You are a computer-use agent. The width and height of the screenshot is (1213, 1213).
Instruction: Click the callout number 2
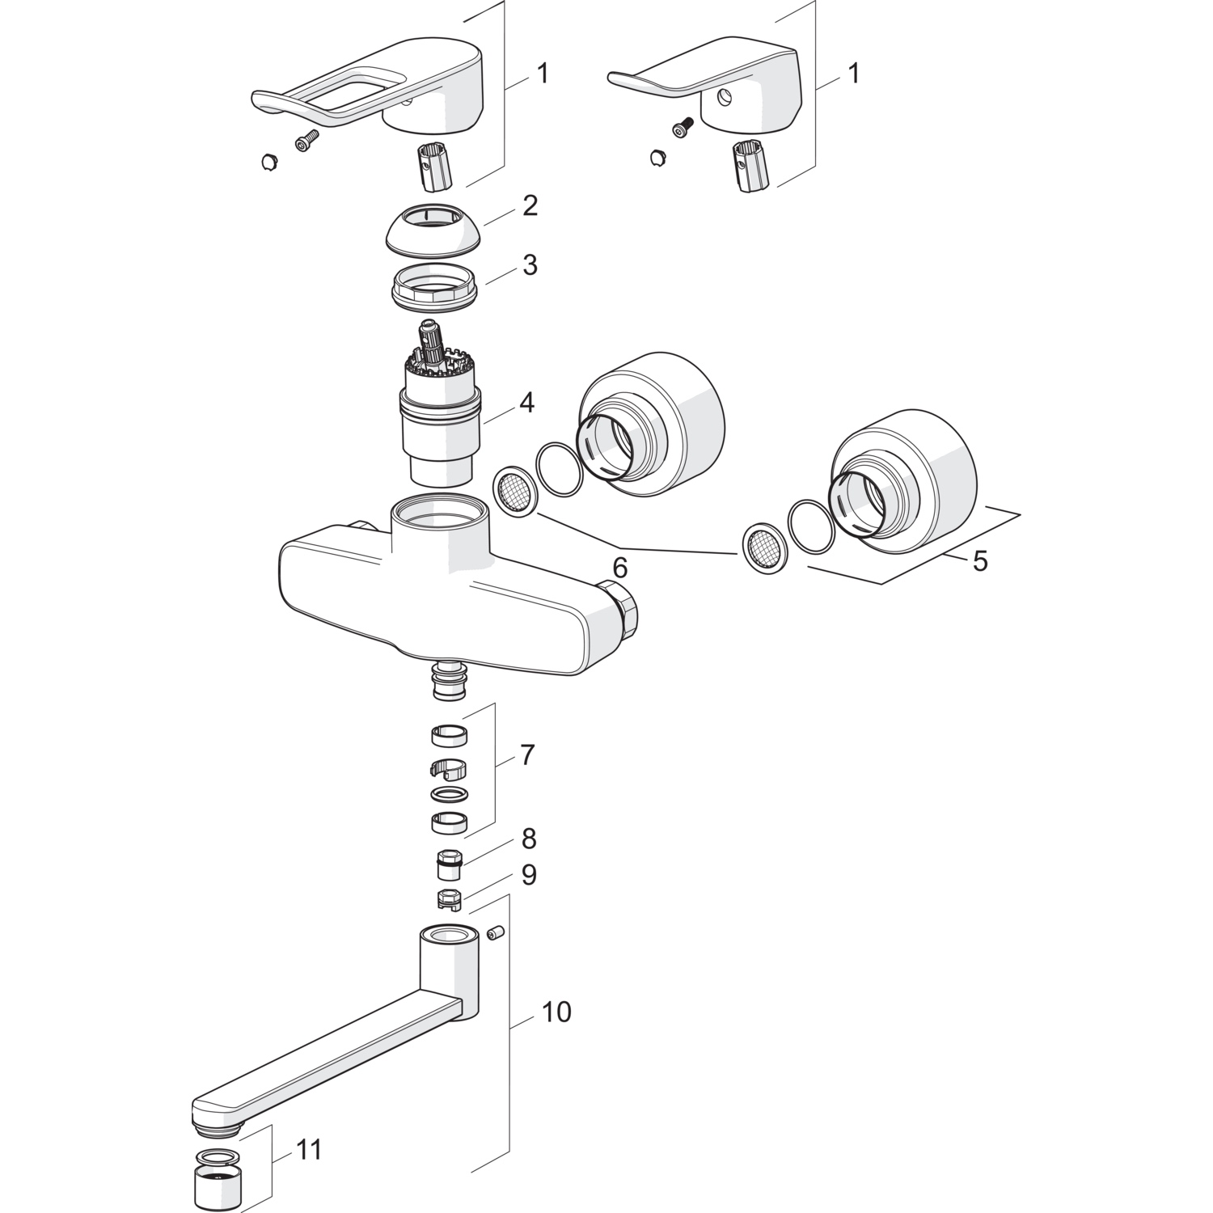pyautogui.click(x=530, y=205)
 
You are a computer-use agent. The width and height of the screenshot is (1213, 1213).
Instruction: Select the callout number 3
pyautogui.click(x=530, y=264)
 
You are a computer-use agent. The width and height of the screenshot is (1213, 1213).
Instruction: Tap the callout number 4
pyautogui.click(x=526, y=402)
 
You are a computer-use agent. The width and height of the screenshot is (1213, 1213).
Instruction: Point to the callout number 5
pyautogui.click(x=980, y=560)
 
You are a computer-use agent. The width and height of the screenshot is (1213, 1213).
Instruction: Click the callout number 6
pyautogui.click(x=619, y=568)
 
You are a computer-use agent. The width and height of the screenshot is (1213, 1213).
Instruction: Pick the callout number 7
pyautogui.click(x=527, y=755)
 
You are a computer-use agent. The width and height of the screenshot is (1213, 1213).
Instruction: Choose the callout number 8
pyautogui.click(x=529, y=839)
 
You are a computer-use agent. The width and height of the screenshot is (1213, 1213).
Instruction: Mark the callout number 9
pyautogui.click(x=529, y=875)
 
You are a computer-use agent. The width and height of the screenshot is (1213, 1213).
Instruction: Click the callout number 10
pyautogui.click(x=556, y=1012)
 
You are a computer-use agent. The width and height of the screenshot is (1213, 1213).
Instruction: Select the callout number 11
pyautogui.click(x=307, y=1149)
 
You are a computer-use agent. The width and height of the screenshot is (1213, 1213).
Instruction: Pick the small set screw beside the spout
pyautogui.click(x=496, y=934)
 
